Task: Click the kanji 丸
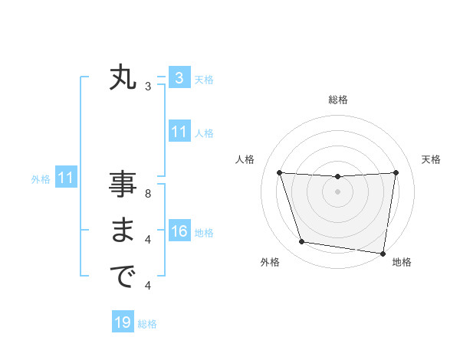tap(123, 78)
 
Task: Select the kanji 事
tap(123, 185)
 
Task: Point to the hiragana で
tap(123, 277)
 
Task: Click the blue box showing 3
tap(179, 77)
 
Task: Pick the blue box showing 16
tap(179, 231)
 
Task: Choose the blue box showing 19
tap(123, 322)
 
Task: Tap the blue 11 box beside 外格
tap(65, 178)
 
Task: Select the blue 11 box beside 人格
tap(179, 132)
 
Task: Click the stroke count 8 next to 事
tap(147, 194)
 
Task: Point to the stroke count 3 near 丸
tap(147, 87)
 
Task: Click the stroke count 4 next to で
tap(147, 286)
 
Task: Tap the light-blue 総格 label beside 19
tap(147, 324)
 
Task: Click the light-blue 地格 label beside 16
tap(204, 233)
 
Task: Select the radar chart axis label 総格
tap(337, 100)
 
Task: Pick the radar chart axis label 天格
tap(431, 159)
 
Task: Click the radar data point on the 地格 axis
tap(383, 253)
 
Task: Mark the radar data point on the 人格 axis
tap(279, 172)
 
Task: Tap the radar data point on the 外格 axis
tap(302, 242)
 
